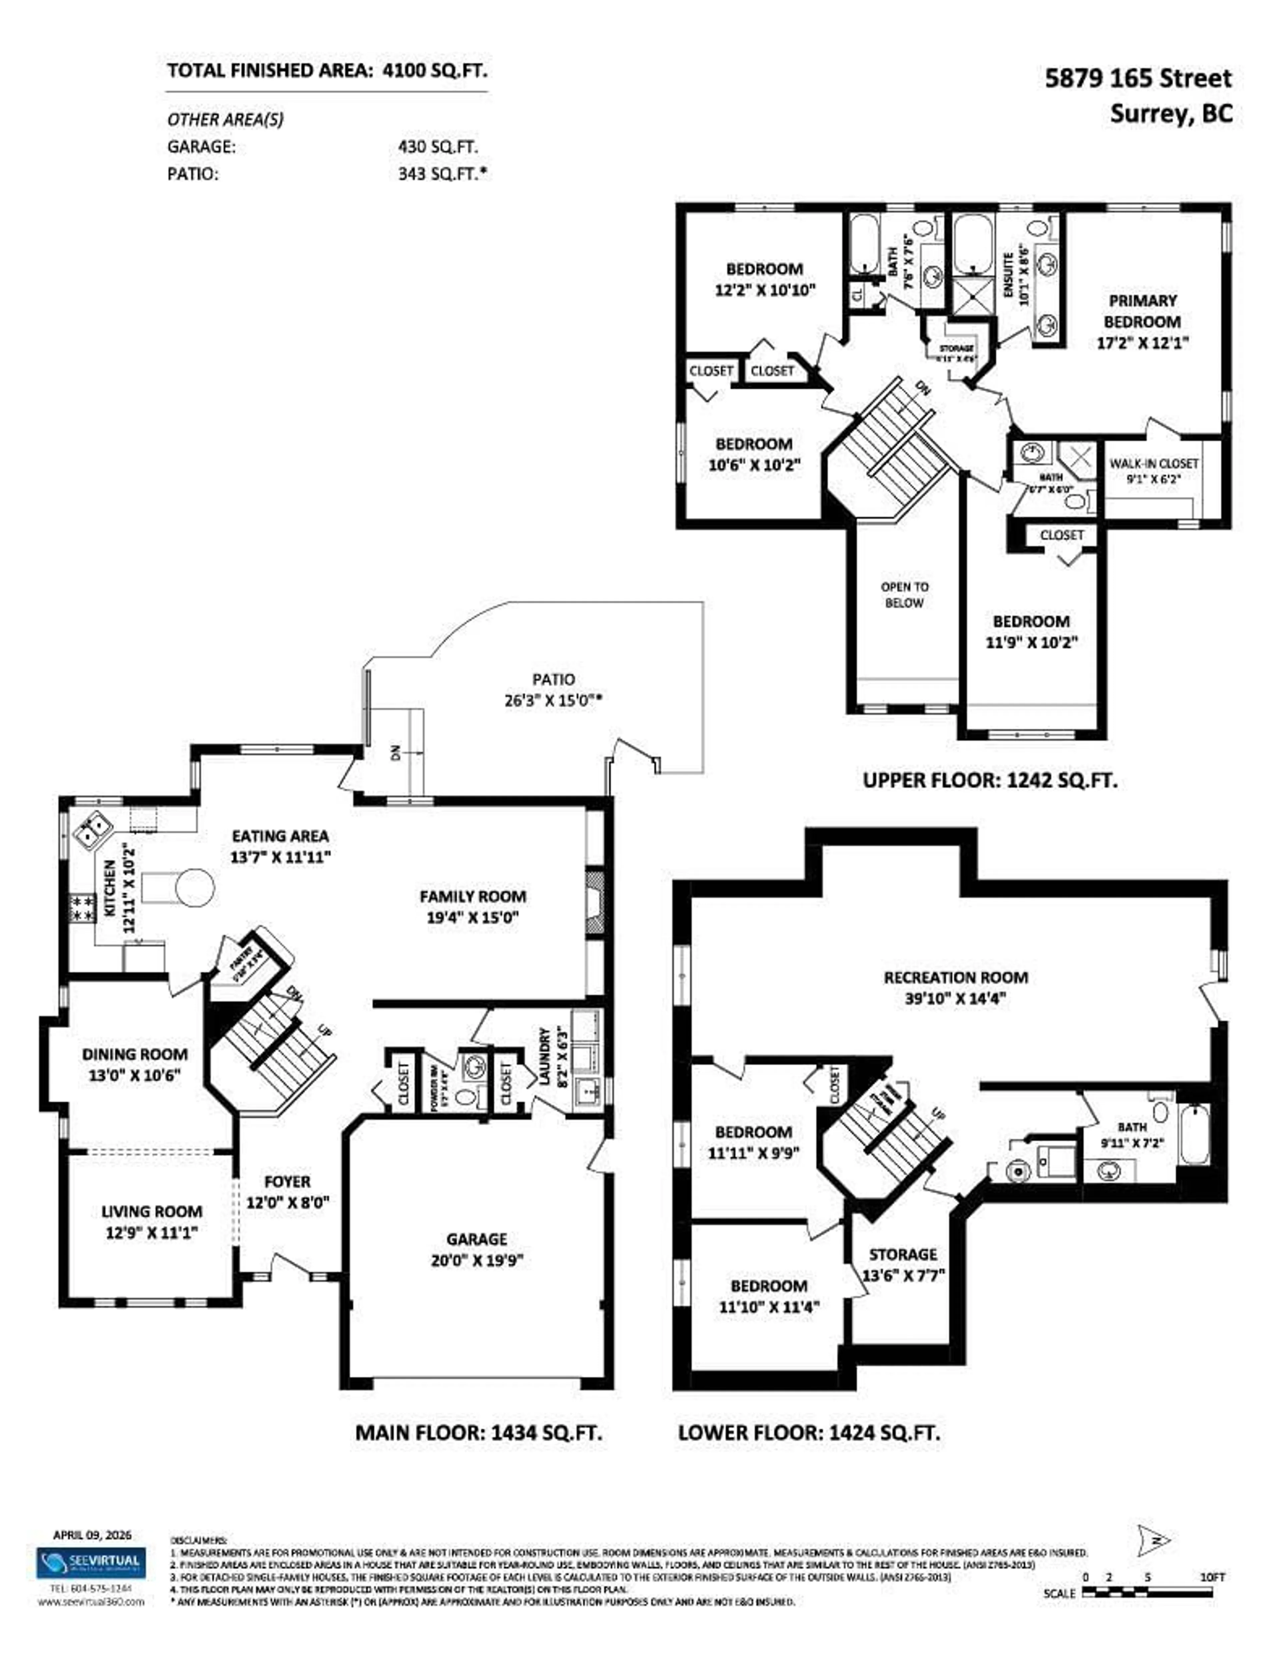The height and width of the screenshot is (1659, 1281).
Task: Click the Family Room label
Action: (472, 896)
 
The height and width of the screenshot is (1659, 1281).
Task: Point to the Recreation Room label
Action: (955, 978)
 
